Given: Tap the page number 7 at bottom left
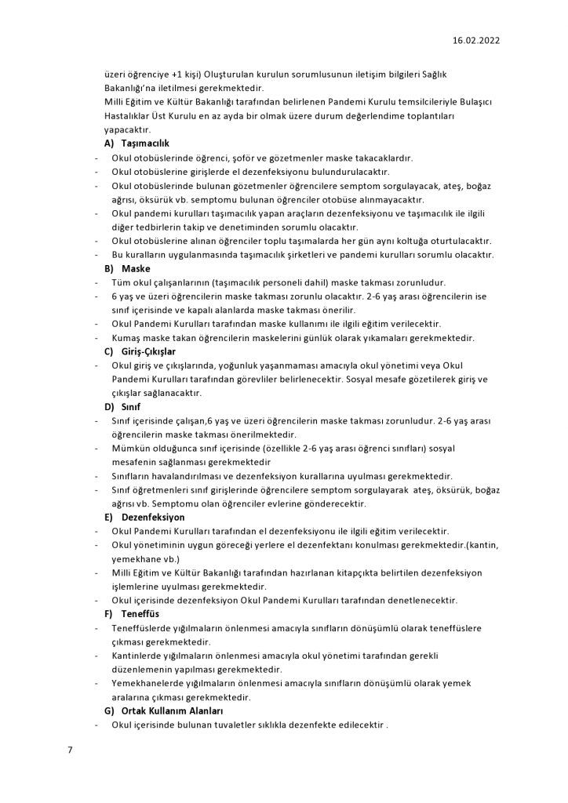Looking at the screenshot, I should click(x=70, y=750).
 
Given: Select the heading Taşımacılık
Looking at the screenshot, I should click(x=146, y=144).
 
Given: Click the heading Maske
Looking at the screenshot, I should click(x=136, y=268).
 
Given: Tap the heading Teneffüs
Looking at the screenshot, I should click(x=140, y=614).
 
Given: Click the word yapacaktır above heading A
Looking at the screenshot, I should click(x=128, y=129).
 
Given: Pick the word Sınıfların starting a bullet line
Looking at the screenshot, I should click(x=134, y=476).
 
